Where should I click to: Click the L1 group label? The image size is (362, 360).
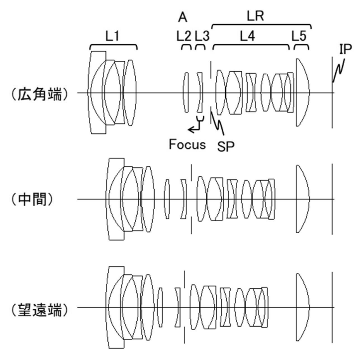[112, 36]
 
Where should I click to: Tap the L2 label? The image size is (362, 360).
[184, 36]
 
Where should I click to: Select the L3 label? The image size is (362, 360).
[202, 36]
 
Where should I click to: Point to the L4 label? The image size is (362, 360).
[248, 36]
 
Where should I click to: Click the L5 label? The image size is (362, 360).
[299, 36]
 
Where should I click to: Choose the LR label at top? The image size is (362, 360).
[256, 16]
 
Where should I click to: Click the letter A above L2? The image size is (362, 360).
[182, 17]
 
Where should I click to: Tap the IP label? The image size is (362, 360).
[346, 49]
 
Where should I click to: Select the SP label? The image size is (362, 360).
[226, 146]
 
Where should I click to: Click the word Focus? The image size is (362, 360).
[187, 144]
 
